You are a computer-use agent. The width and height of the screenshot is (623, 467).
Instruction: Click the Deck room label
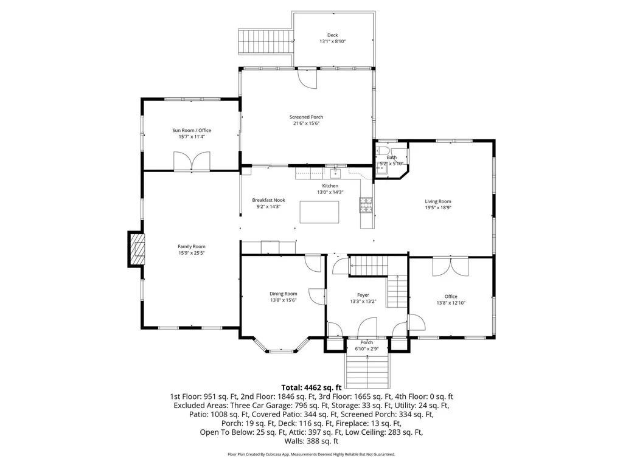coord(333,35)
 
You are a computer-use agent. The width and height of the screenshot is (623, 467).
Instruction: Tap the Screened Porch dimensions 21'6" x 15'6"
coord(307,123)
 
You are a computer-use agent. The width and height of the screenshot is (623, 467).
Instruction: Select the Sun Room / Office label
coord(192,130)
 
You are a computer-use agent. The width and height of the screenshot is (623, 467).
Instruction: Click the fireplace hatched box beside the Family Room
coord(136,249)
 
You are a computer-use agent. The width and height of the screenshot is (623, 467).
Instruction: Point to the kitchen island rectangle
coord(319,212)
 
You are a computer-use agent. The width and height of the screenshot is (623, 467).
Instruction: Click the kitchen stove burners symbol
coord(366,205)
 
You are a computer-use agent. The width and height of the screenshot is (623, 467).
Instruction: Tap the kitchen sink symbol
coord(335,173)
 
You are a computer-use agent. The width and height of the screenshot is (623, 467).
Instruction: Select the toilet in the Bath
coord(383,151)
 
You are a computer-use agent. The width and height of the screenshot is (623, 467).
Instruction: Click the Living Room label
coord(438,201)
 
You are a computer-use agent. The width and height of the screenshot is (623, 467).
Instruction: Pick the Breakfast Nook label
coord(268,200)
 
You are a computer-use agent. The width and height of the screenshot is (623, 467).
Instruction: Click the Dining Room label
coord(284,294)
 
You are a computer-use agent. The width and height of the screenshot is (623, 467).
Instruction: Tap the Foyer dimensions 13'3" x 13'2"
coord(363,302)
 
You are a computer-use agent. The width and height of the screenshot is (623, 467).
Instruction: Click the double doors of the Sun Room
coord(192,161)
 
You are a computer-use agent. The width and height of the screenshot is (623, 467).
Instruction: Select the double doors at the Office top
coord(451,267)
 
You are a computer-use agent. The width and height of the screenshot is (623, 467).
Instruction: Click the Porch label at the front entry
coord(367,342)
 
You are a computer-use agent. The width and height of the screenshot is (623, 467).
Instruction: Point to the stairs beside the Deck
coord(265,41)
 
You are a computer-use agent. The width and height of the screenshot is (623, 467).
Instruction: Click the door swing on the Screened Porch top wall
coord(308,78)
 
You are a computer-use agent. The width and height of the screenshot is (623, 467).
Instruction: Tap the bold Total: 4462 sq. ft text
coord(311,387)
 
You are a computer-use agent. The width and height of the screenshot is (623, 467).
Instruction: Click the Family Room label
coord(192,247)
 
